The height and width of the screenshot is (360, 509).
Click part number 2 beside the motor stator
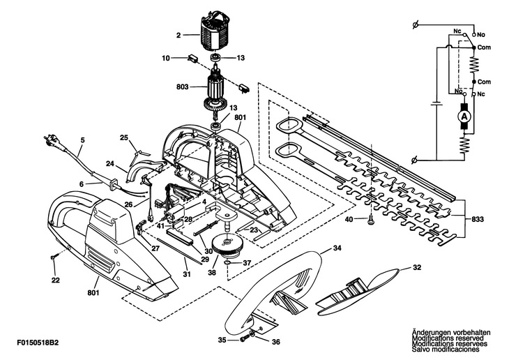pos(178,35)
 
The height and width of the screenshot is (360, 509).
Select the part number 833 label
pos(477,219)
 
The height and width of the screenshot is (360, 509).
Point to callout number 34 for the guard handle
pos(337,248)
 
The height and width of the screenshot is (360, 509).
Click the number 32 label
pos(418,267)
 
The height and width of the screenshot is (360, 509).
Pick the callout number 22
pos(55,280)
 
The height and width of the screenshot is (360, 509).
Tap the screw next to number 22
pos(54,258)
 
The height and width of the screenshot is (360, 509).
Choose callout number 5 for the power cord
pos(82,140)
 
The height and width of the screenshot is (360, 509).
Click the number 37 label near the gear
pos(247,263)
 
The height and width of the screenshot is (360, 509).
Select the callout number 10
pos(165,58)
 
